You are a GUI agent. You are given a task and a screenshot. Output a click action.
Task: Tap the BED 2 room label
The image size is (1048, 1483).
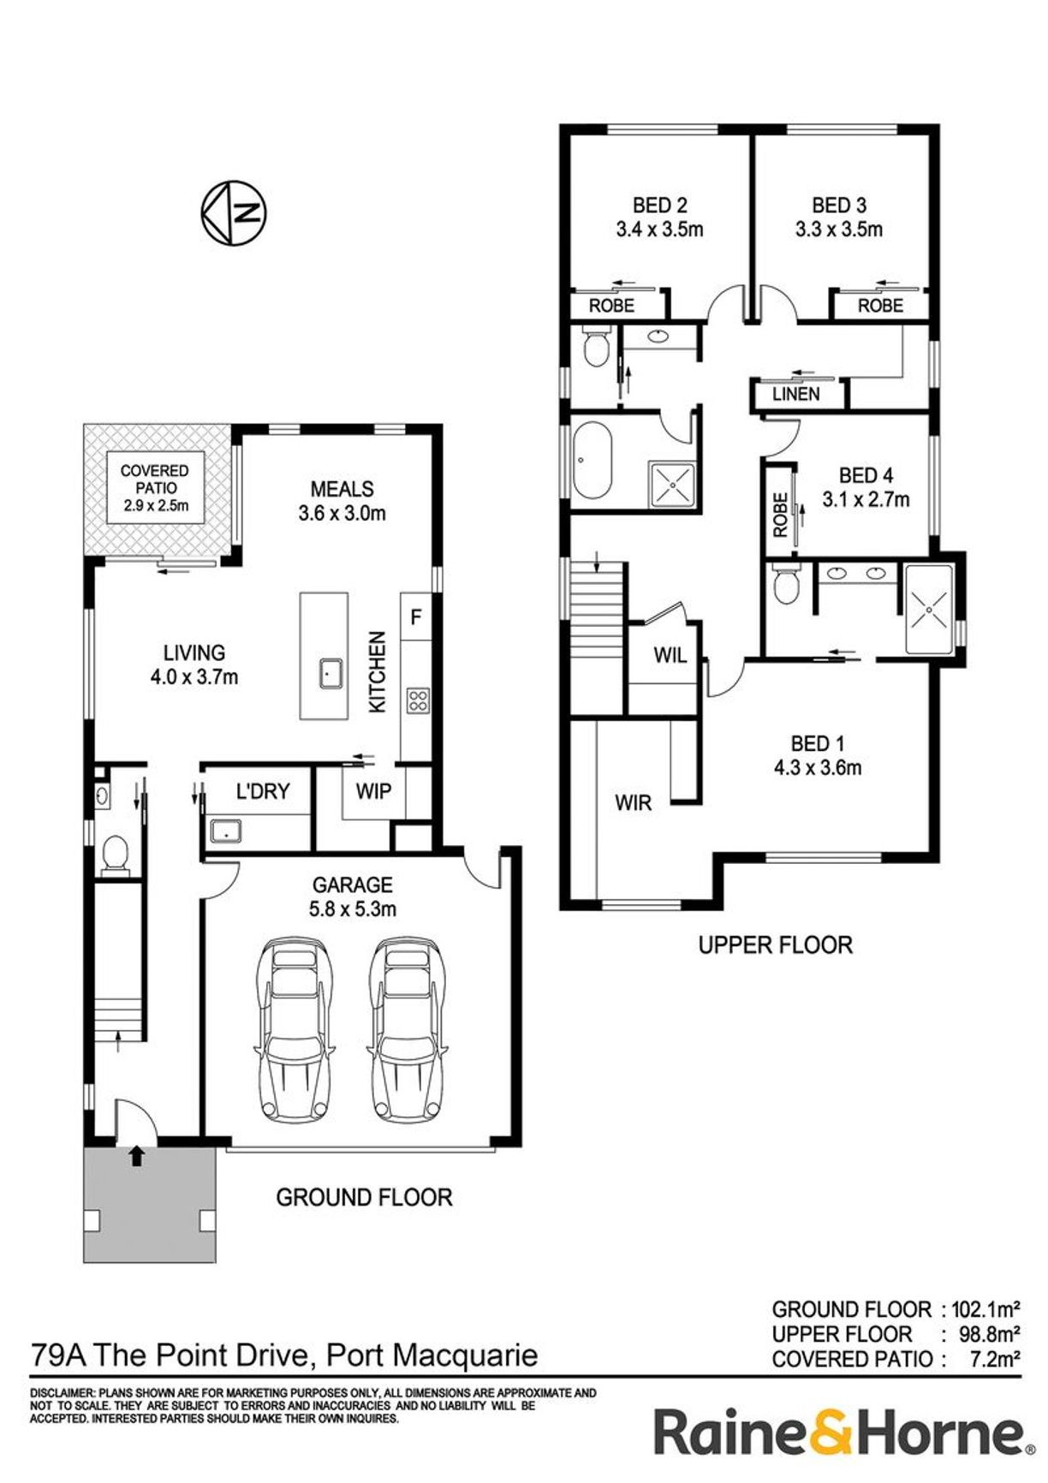point(659,205)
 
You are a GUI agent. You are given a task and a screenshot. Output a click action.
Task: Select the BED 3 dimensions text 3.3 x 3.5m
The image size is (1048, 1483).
point(839,229)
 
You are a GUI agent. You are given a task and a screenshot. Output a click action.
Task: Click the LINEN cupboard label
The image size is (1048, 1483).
point(796,394)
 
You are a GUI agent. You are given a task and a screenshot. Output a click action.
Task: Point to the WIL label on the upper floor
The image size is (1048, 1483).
point(670,656)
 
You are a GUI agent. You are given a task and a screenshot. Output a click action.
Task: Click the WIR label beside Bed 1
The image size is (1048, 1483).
point(633,803)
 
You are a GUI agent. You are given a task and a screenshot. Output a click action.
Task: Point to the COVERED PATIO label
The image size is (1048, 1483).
point(155,479)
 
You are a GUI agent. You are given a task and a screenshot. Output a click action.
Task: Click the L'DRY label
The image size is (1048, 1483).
point(263,792)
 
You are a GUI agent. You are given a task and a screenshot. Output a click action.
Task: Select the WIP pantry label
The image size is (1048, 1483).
point(373,791)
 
